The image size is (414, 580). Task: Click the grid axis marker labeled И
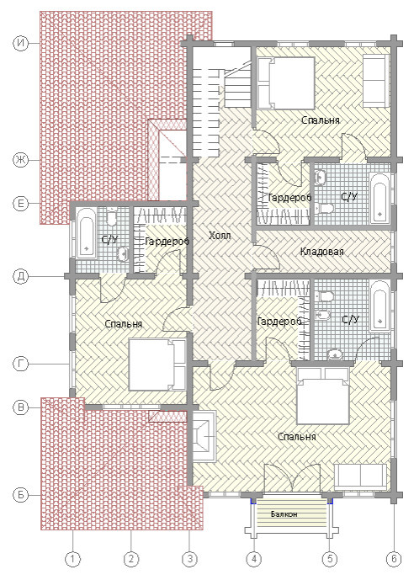(x=21, y=43)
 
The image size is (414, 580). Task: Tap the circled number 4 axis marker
(x=254, y=559)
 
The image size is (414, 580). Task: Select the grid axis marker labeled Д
(x=21, y=276)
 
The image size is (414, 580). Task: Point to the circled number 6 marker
(x=394, y=559)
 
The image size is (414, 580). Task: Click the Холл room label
(x=220, y=235)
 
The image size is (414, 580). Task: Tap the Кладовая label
(x=321, y=252)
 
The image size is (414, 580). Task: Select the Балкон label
(x=284, y=514)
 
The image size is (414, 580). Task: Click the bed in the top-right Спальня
(x=286, y=82)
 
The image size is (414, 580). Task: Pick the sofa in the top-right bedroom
(x=375, y=80)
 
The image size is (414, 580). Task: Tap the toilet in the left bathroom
(x=111, y=218)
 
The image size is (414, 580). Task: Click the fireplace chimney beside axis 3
(x=204, y=437)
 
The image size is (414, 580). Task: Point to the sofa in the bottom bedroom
(x=360, y=476)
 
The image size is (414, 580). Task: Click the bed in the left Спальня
(x=157, y=364)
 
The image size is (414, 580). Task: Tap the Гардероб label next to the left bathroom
(x=167, y=242)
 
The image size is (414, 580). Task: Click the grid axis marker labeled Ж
(x=21, y=160)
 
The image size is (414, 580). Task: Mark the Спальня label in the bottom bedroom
(x=297, y=437)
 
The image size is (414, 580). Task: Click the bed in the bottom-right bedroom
(x=323, y=396)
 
